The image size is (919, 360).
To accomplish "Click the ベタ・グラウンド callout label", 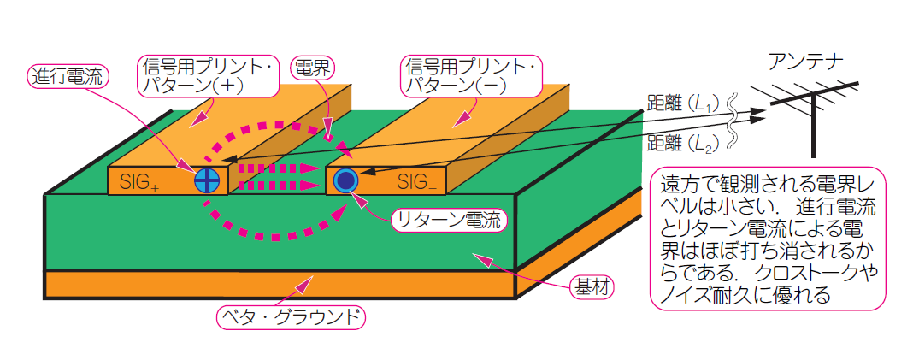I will point(291,317).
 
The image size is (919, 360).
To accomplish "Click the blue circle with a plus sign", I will point(207,180).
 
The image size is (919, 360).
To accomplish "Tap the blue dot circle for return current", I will point(345,180).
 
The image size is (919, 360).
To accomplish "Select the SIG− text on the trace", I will point(416,181).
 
